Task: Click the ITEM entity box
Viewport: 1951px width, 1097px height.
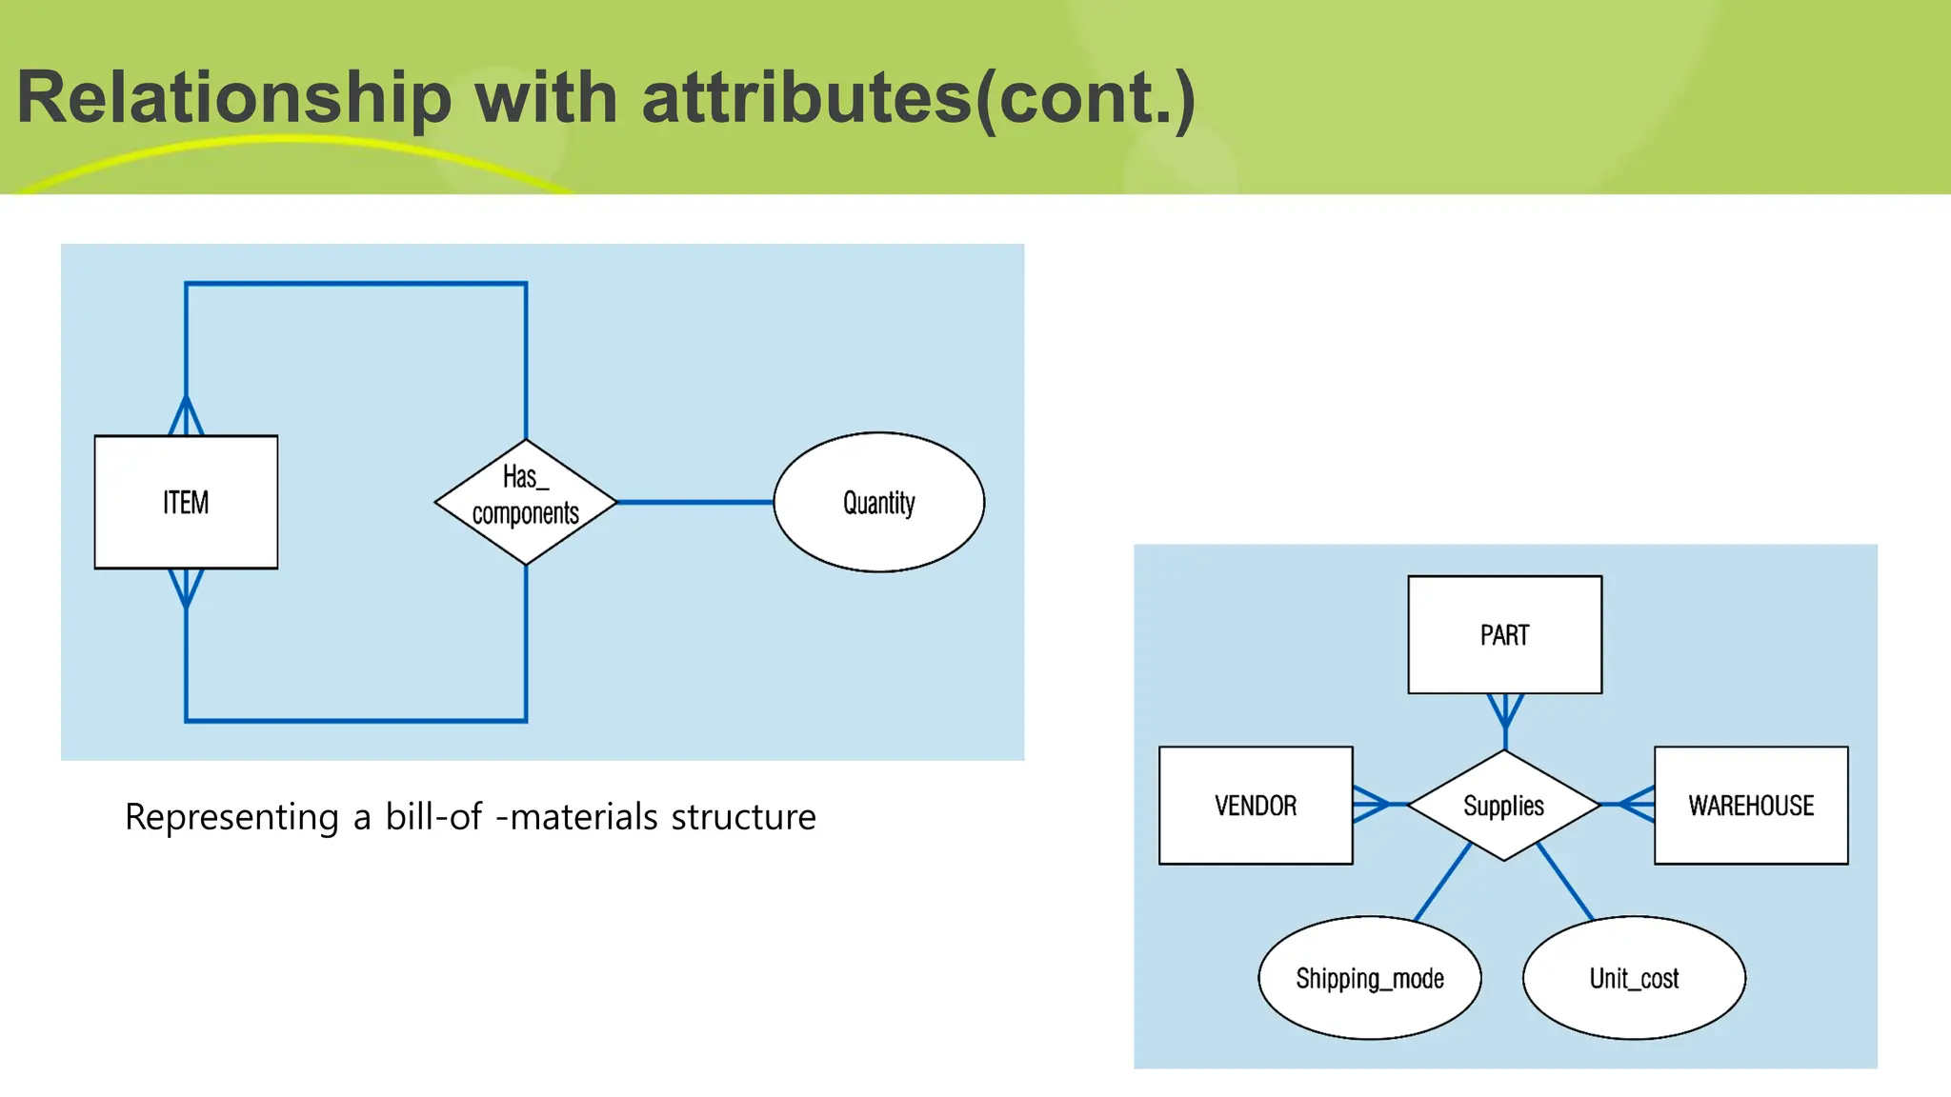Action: pyautogui.click(x=186, y=502)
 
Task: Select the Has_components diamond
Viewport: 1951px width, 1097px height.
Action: pyautogui.click(x=526, y=501)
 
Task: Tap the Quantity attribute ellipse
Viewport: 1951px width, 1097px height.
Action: pyautogui.click(x=878, y=502)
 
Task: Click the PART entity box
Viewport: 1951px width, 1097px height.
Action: pyautogui.click(x=1504, y=634)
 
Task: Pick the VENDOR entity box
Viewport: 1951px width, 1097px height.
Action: pyautogui.click(x=1255, y=805)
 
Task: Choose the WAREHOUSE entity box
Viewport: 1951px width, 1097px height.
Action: pyautogui.click(x=1750, y=805)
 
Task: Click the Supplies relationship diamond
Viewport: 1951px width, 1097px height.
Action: pyautogui.click(x=1503, y=805)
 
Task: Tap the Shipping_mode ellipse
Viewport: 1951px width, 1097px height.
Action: pyautogui.click(x=1369, y=978)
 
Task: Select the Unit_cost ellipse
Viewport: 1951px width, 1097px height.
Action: pyautogui.click(x=1634, y=978)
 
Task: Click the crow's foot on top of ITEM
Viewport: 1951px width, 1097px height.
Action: pyautogui.click(x=186, y=417)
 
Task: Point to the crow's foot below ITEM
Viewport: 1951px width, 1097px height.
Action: pyautogui.click(x=186, y=588)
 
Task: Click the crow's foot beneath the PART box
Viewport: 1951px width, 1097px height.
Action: pyautogui.click(x=1505, y=710)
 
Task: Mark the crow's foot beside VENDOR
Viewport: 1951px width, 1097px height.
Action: pyautogui.click(x=1371, y=805)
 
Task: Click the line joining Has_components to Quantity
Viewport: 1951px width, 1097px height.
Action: pyautogui.click(x=695, y=502)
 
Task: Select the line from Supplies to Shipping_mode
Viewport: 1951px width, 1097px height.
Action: pyautogui.click(x=1442, y=882)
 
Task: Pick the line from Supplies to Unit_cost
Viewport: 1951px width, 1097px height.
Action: pyautogui.click(x=1565, y=882)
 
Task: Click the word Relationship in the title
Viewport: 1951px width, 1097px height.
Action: pyautogui.click(x=234, y=97)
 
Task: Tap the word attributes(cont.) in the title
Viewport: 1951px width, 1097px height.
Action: pyautogui.click(x=918, y=97)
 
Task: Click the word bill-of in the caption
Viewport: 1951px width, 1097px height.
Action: pyautogui.click(x=433, y=816)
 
